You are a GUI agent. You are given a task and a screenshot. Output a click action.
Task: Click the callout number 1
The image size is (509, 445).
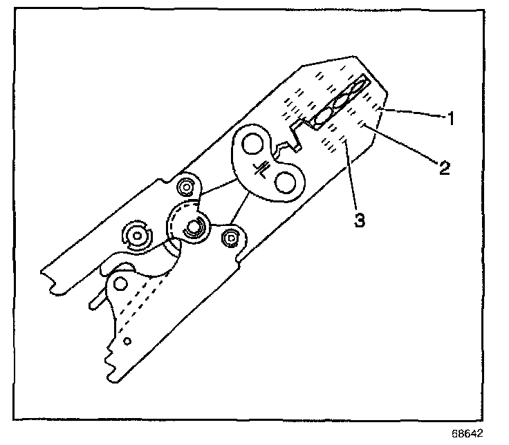click(450, 119)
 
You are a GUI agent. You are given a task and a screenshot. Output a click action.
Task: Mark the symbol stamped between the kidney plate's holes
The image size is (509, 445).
click(262, 168)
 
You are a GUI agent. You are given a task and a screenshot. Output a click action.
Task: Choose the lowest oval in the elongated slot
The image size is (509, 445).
click(322, 117)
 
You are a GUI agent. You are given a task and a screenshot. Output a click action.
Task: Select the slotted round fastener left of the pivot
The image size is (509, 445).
click(138, 236)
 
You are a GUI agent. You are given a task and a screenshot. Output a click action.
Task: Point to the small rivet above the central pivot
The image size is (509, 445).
click(186, 187)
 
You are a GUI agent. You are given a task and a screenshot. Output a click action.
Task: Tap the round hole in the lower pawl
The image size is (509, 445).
click(122, 283)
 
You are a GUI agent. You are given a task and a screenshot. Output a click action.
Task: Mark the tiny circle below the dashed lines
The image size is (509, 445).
click(127, 341)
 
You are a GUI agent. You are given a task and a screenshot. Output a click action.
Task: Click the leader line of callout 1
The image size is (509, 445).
click(414, 114)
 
